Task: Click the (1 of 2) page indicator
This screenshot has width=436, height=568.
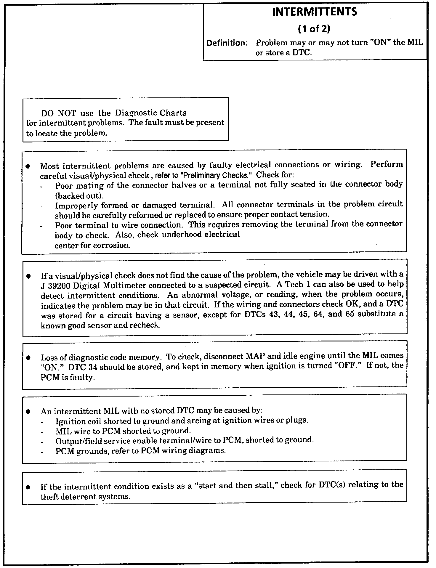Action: pyautogui.click(x=314, y=29)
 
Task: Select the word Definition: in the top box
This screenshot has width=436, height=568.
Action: pyautogui.click(x=227, y=43)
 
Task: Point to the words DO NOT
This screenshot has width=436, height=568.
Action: pyautogui.click(x=59, y=113)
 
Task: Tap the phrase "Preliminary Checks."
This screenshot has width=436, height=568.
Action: pyautogui.click(x=216, y=175)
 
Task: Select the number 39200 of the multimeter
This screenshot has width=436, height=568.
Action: pyautogui.click(x=59, y=285)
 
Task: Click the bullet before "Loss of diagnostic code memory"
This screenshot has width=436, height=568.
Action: pyautogui.click(x=28, y=358)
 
